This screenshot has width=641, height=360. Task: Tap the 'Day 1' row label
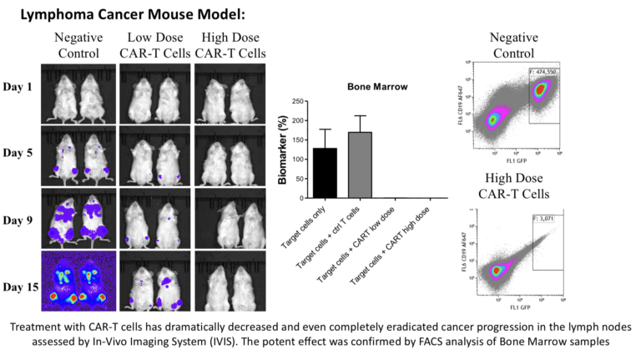click(x=20, y=87)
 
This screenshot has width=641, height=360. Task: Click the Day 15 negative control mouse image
click(x=77, y=280)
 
